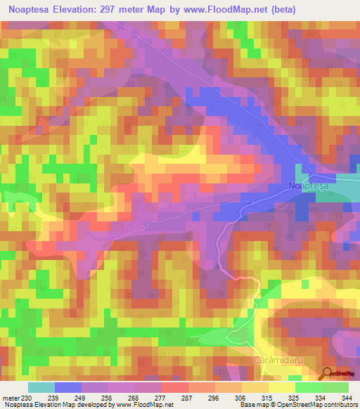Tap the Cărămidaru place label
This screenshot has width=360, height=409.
tap(275, 359)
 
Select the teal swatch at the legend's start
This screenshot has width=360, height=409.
tap(41, 387)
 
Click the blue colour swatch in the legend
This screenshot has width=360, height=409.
tap(68, 387)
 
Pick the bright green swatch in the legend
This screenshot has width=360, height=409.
tap(308, 387)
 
